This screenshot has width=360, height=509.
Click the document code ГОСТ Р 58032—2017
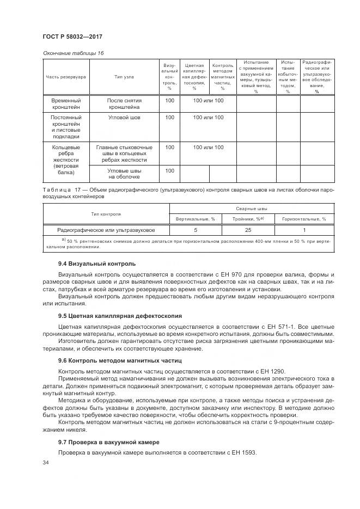coord(72,36)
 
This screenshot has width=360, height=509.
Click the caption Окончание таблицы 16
coord(72,53)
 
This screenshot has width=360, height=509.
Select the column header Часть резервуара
coord(66,77)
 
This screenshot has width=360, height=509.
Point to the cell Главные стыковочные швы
coord(124,154)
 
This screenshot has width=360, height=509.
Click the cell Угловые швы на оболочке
coord(124,174)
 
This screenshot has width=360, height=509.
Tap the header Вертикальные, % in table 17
coord(196,219)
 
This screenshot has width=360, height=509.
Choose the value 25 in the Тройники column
coord(248,230)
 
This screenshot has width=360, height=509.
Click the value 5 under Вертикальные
coord(196,230)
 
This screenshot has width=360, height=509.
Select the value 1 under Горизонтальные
coord(304,230)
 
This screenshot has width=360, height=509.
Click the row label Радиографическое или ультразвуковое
coord(106,230)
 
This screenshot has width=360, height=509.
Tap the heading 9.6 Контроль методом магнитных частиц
coord(113,360)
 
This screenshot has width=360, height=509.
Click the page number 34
coord(46,463)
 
